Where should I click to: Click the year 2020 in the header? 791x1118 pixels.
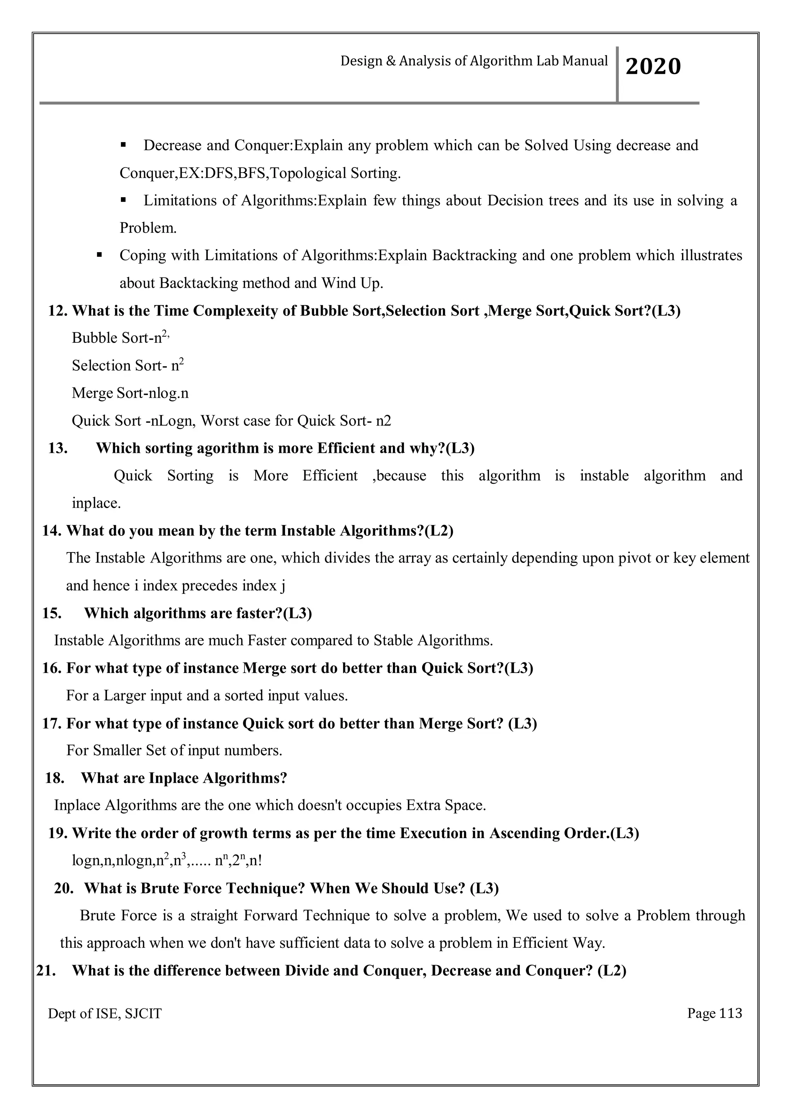tap(653, 66)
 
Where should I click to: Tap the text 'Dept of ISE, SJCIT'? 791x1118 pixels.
tap(104, 1014)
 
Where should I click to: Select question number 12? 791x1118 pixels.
tap(58, 311)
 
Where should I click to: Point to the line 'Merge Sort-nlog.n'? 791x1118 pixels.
tap(130, 393)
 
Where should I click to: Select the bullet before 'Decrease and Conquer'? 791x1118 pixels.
tap(123, 145)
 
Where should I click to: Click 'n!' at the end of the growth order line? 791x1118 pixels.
tap(255, 861)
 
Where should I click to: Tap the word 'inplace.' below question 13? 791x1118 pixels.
tap(96, 503)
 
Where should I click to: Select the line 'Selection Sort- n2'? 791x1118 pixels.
tap(127, 365)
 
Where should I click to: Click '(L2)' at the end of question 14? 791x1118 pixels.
tap(439, 530)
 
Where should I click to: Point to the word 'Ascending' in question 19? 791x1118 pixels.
tap(524, 833)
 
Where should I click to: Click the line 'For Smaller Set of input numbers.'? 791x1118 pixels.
tap(174, 750)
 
